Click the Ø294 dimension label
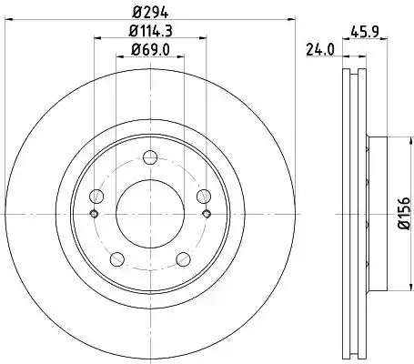(x=150, y=12)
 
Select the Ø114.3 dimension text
(x=150, y=31)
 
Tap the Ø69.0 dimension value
(x=150, y=49)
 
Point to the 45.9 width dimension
(x=365, y=32)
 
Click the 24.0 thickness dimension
(x=320, y=50)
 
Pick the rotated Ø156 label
(x=405, y=213)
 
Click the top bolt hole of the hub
(x=150, y=157)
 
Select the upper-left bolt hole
(x=96, y=196)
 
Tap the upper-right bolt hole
(x=204, y=196)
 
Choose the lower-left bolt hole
(x=117, y=259)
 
